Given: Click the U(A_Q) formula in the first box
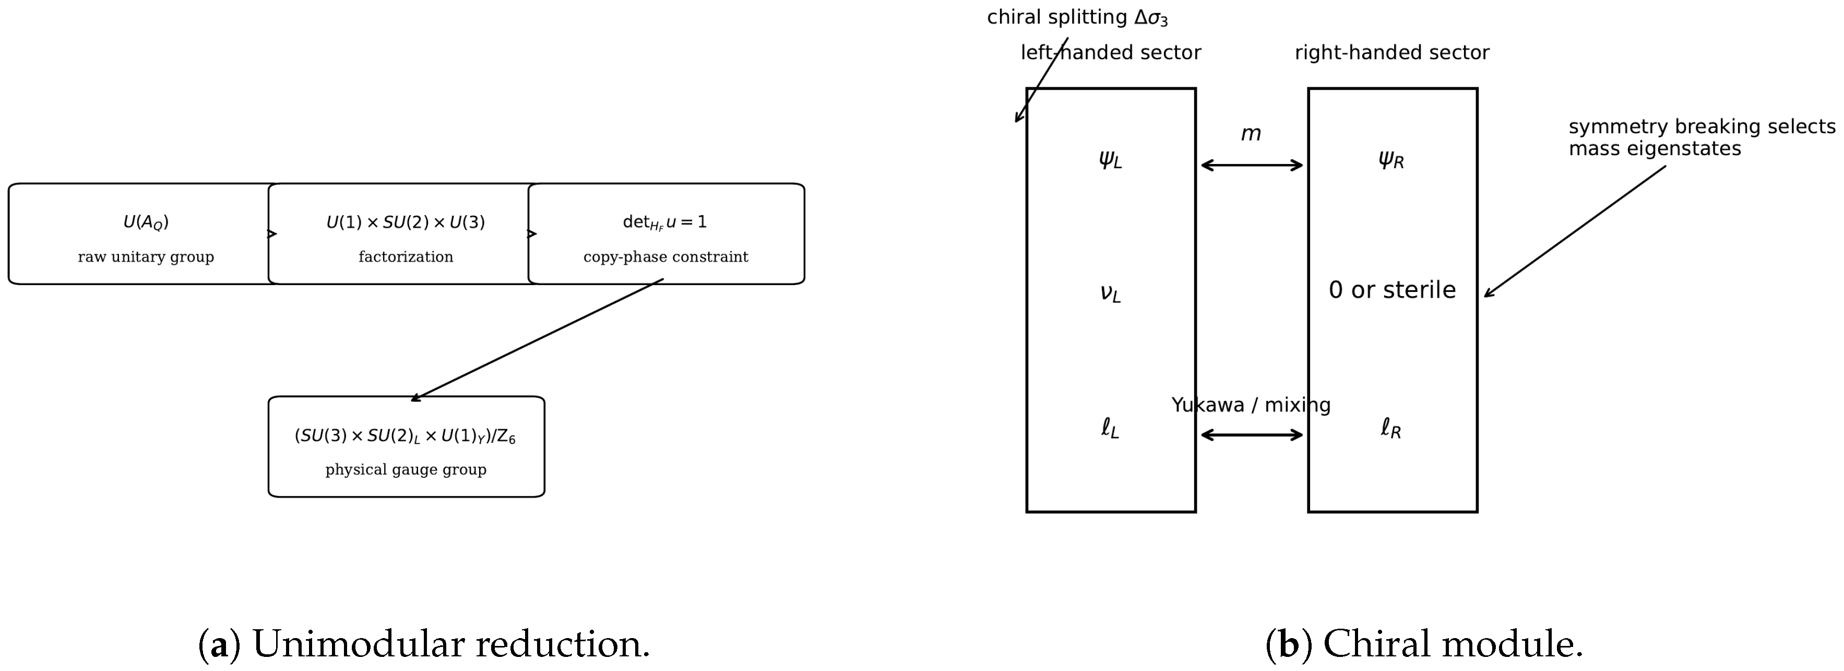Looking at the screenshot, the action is coord(146,223).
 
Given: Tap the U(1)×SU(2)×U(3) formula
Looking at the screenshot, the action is coord(406,223).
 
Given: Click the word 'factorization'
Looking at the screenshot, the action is coord(406,256).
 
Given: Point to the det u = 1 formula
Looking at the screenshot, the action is coord(665,223).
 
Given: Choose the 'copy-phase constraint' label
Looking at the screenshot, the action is coord(666,257).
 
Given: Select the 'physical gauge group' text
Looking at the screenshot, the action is coord(406,470).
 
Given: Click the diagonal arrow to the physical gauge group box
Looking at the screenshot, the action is coord(537,340).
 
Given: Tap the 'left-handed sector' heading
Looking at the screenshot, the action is coord(1111,53).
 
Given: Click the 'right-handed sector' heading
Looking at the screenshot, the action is coord(1393,53).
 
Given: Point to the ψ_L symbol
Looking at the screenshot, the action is coord(1110,160).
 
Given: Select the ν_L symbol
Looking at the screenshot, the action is coord(1110,293).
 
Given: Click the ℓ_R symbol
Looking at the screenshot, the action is coord(1391,428).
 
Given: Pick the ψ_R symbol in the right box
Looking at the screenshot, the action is coord(1391,160).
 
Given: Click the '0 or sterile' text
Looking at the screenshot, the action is coord(1393,290).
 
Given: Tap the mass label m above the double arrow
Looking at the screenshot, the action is coord(1251,134).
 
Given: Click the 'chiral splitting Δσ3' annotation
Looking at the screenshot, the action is coord(1077,18).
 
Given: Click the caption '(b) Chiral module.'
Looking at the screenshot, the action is coord(1424,644).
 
